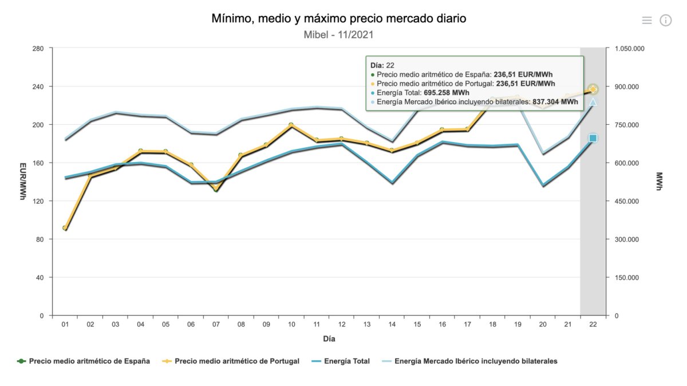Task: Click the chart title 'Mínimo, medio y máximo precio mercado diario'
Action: pos(339,19)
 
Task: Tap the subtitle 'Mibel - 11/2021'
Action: pos(338,35)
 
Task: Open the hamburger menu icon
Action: pos(647,21)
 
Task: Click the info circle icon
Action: pos(665,21)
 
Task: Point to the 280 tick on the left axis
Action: pos(38,49)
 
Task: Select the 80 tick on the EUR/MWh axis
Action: pos(40,239)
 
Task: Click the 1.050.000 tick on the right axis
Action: pos(630,49)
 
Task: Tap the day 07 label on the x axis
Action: pos(216,325)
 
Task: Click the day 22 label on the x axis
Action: pos(593,325)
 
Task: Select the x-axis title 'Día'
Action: pos(329,338)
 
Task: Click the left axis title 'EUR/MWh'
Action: pos(22,182)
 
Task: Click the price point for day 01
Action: pos(65,228)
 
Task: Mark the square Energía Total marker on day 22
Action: pos(593,138)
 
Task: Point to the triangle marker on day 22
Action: pos(593,102)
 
